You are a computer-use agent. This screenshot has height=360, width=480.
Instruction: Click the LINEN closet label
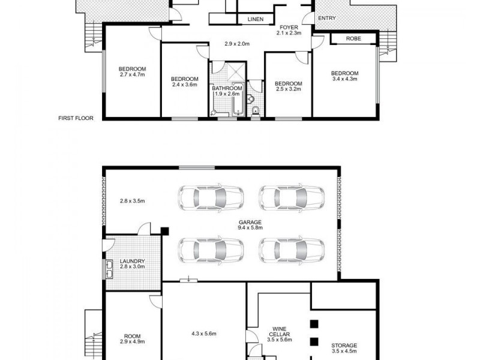pyautogui.click(x=253, y=19)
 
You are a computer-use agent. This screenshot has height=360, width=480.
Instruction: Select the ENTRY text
pyautogui.click(x=326, y=18)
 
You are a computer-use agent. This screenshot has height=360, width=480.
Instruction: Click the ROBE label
pyautogui.click(x=354, y=38)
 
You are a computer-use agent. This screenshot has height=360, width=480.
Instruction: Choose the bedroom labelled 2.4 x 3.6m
pyautogui.click(x=184, y=82)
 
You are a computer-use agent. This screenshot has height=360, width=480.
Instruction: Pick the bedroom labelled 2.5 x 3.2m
pyautogui.click(x=288, y=86)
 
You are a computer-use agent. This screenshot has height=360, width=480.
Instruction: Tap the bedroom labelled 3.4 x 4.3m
pyautogui.click(x=344, y=76)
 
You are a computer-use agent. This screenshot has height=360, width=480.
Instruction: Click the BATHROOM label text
pyautogui.click(x=226, y=91)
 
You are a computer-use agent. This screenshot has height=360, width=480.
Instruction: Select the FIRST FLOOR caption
pyautogui.click(x=76, y=118)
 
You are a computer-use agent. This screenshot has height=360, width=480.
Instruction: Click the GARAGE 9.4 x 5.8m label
pyautogui.click(x=250, y=225)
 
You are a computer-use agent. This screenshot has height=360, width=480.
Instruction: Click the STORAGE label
pyautogui.click(x=344, y=349)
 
